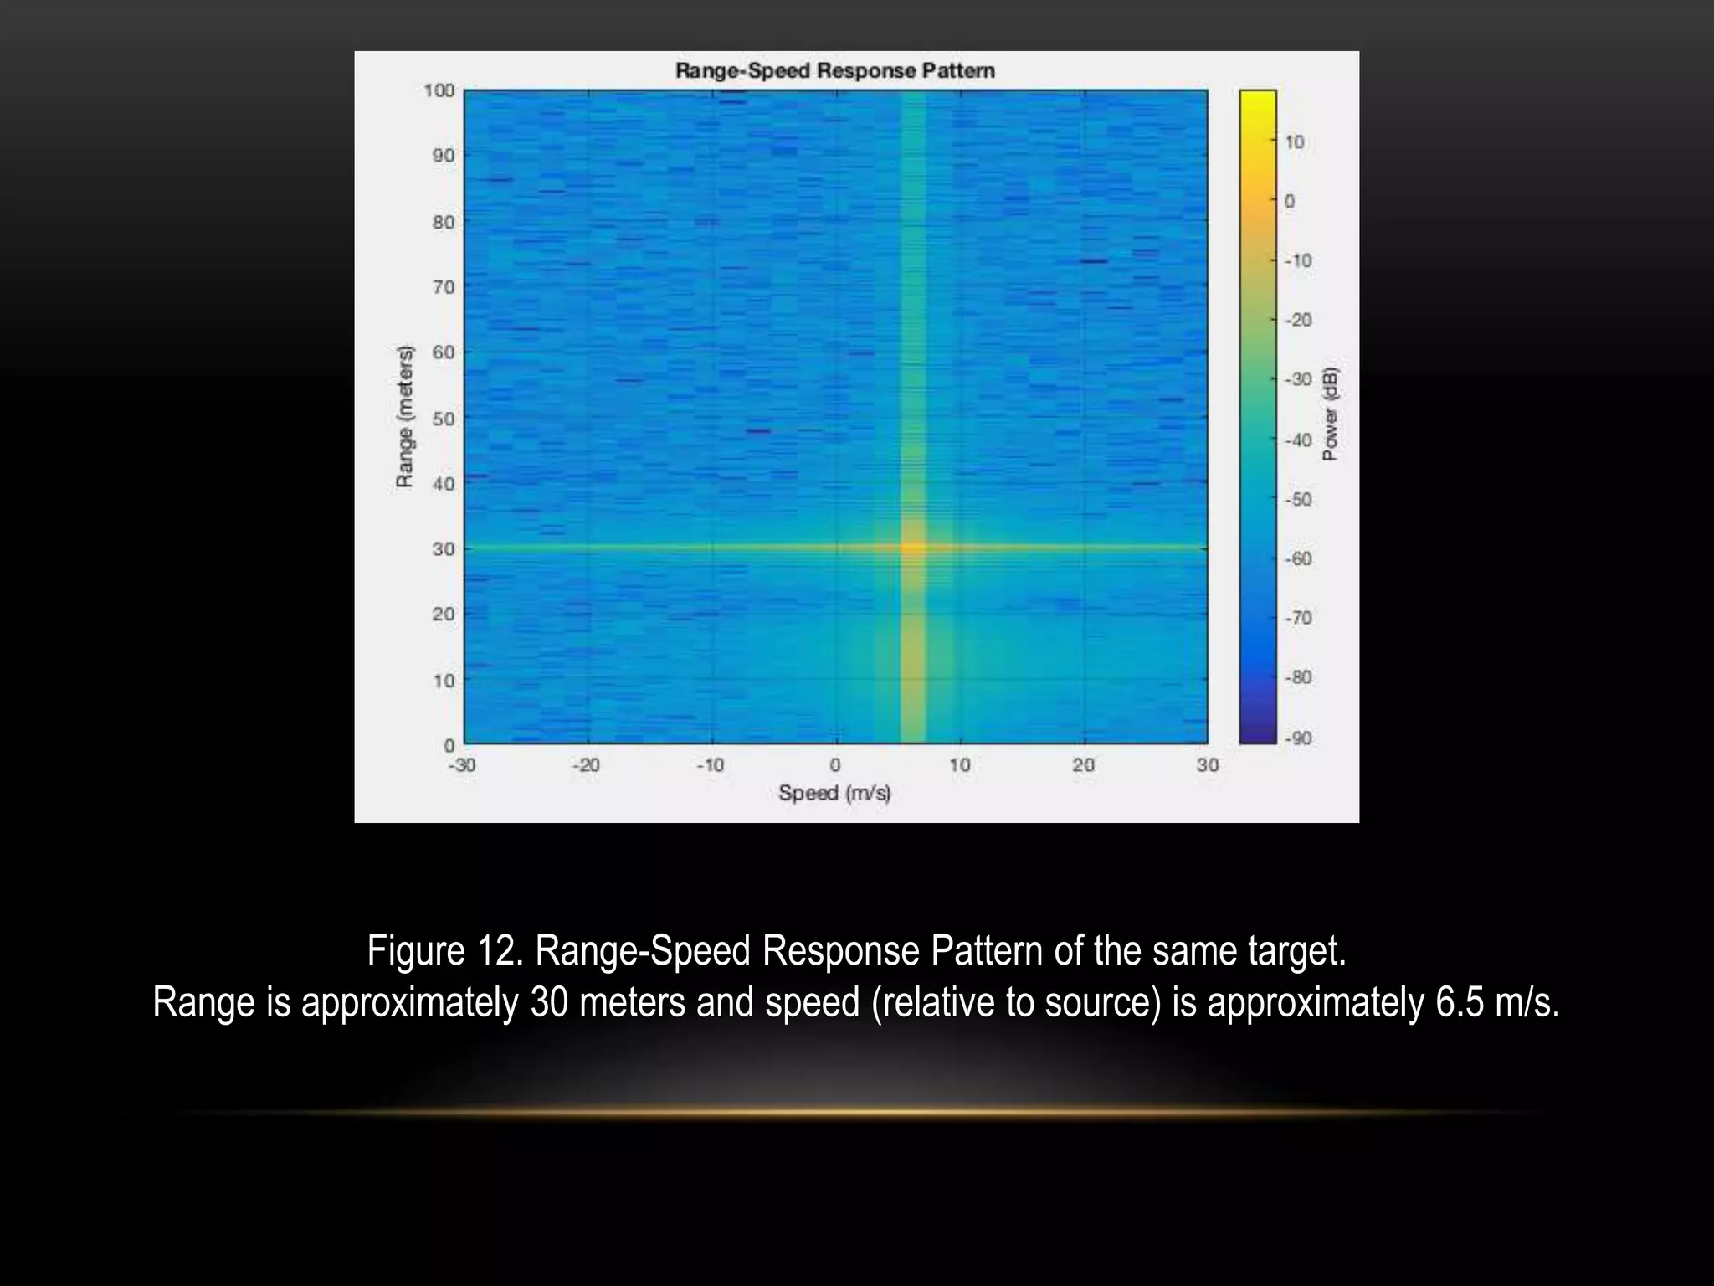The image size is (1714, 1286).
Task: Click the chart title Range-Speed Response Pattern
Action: tap(834, 70)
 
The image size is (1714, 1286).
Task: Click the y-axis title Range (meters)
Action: tap(405, 416)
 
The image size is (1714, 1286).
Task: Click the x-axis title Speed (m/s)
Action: tap(834, 792)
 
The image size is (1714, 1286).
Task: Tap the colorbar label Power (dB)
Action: tap(1330, 414)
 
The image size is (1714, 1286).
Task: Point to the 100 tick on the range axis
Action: tap(439, 90)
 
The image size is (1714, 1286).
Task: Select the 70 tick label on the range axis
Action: tap(444, 287)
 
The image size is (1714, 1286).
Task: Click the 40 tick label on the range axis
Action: tap(444, 484)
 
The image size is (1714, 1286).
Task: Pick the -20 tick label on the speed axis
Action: tap(586, 764)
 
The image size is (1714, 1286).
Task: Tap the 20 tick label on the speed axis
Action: tap(1083, 764)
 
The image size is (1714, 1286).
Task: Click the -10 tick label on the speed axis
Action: tap(710, 764)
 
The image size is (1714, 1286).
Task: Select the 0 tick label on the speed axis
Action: tap(835, 764)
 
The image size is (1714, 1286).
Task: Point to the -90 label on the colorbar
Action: tap(1298, 738)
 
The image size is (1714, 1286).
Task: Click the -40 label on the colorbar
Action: tap(1298, 440)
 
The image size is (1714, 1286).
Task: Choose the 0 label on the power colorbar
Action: tap(1290, 202)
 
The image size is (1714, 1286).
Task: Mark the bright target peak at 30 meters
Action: tap(912, 548)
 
